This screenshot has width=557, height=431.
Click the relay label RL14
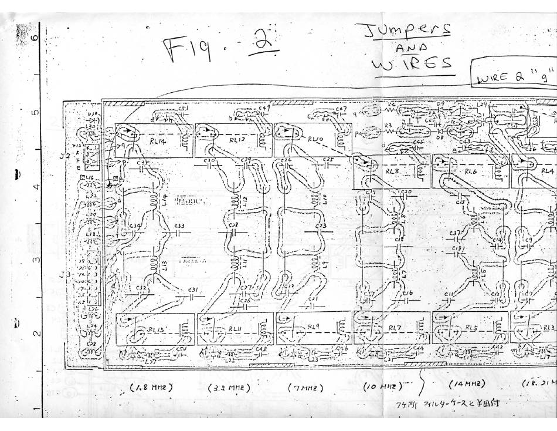(142, 140)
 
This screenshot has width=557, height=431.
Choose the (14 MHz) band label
(467, 384)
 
